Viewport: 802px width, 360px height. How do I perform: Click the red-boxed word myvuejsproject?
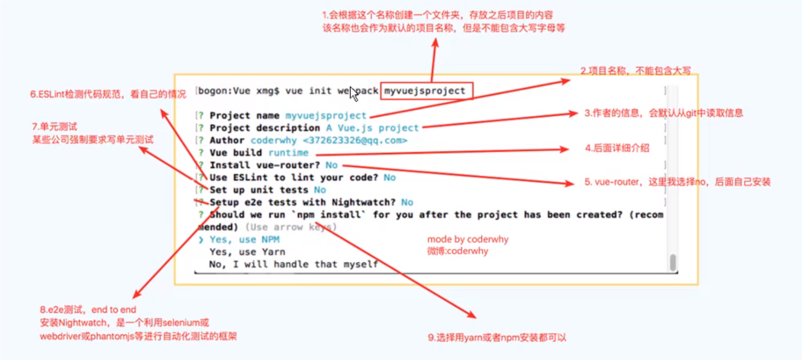(x=425, y=91)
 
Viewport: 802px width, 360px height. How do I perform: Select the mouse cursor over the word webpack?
(x=354, y=94)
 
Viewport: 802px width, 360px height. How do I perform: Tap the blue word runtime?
(x=288, y=153)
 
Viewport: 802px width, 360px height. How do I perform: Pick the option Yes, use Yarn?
(x=247, y=252)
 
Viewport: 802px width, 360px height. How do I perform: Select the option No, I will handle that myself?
(x=294, y=264)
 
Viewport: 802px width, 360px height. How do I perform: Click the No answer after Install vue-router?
(x=332, y=165)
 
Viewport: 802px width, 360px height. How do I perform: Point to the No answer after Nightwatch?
(x=407, y=203)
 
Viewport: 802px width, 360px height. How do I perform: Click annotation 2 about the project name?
(x=635, y=71)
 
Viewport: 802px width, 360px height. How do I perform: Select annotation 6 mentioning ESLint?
(x=108, y=94)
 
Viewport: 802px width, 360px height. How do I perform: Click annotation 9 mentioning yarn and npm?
(x=497, y=338)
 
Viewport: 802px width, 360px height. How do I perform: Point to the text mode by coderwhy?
(x=468, y=239)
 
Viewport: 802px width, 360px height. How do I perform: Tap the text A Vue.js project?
(x=373, y=128)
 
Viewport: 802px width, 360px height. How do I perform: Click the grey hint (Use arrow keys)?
(x=291, y=227)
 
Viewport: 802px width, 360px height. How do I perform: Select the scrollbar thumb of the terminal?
(x=673, y=262)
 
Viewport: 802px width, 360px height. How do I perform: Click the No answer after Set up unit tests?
(x=320, y=190)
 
